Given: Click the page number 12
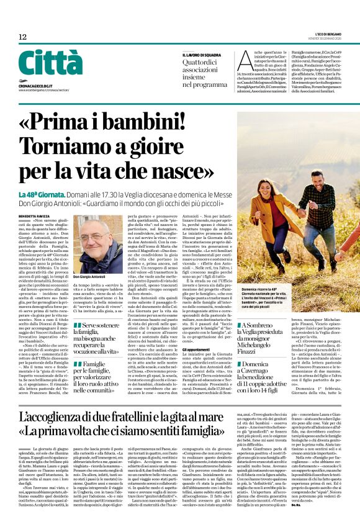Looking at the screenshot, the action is (22, 37).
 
